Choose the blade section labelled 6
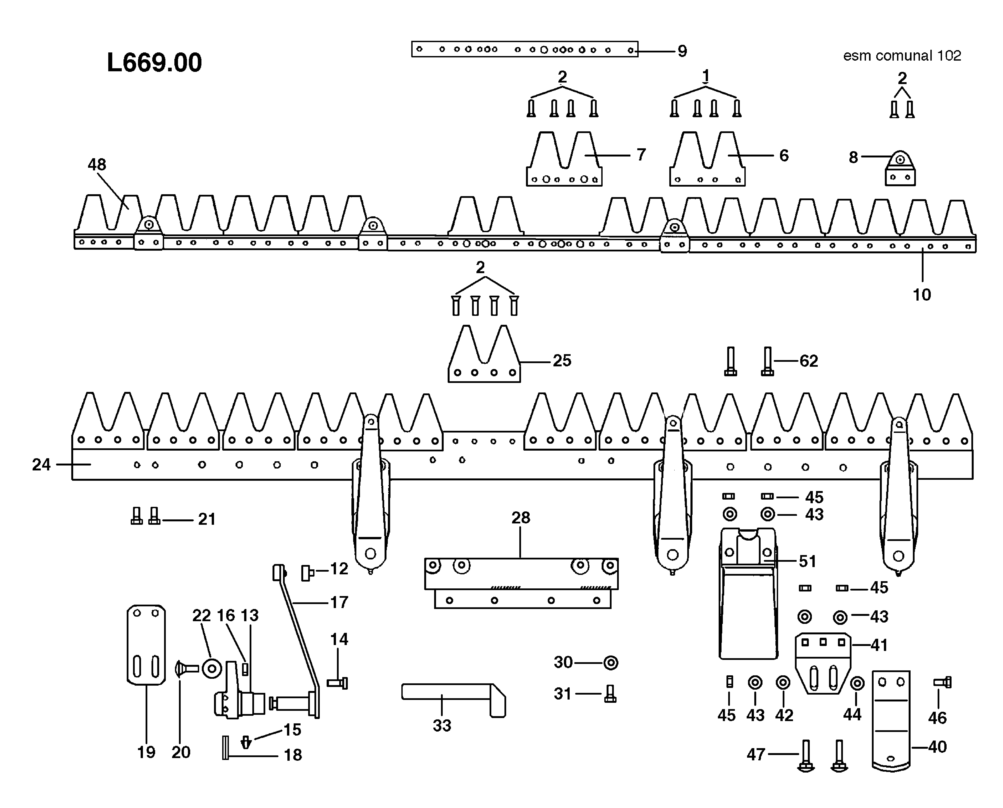[x=706, y=163]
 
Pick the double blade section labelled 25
[x=484, y=358]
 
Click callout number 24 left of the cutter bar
[x=41, y=465]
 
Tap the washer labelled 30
[x=611, y=663]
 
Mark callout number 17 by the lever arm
[x=339, y=602]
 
